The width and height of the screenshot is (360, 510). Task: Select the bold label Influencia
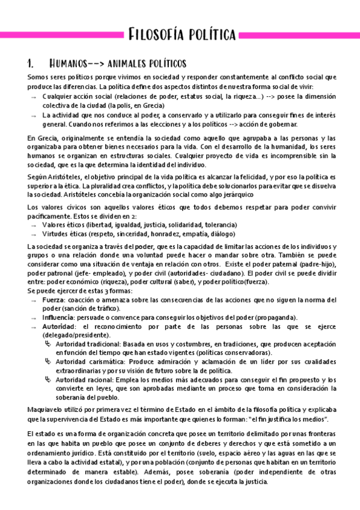tap(59, 317)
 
